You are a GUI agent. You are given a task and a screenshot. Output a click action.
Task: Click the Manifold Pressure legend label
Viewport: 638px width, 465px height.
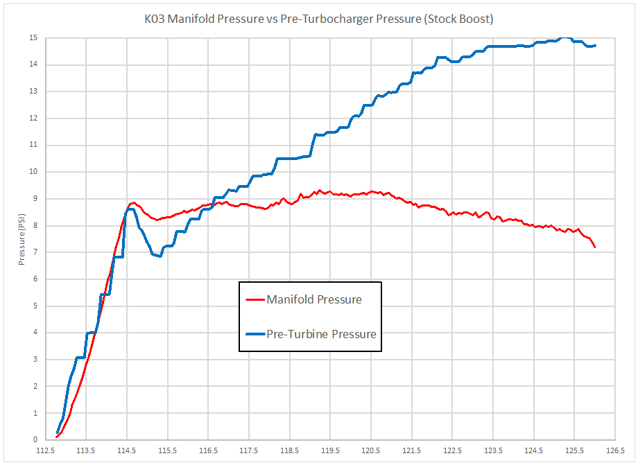click(313, 300)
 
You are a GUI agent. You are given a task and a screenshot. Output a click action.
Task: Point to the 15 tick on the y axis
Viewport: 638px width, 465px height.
click(33, 38)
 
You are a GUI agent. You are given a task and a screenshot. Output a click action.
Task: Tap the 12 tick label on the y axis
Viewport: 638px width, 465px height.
click(33, 119)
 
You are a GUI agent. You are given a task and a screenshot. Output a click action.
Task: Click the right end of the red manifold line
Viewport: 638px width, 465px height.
click(595, 247)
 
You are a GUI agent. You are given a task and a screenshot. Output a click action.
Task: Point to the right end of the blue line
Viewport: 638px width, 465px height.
click(595, 46)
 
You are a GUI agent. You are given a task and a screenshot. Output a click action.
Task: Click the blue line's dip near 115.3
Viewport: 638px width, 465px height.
click(159, 256)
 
